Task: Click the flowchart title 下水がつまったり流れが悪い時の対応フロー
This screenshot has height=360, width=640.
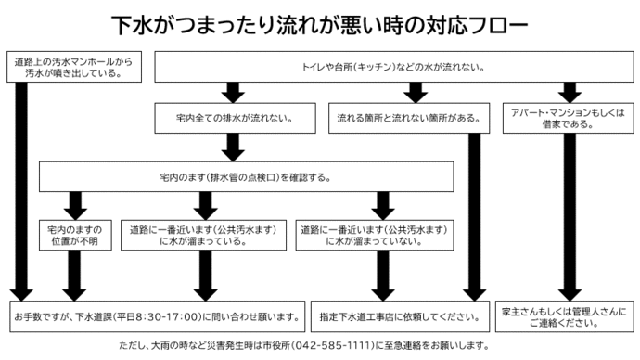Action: pos(320,23)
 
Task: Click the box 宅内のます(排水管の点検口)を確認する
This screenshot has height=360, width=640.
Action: pos(246,175)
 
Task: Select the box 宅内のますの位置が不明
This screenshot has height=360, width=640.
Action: pos(75,235)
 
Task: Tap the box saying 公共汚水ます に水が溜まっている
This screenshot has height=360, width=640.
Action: pos(202,235)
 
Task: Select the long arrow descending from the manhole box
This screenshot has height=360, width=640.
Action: pos(20,186)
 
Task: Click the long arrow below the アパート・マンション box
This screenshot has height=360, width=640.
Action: pos(568,213)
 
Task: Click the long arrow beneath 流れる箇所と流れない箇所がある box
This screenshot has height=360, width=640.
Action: pos(474,213)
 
